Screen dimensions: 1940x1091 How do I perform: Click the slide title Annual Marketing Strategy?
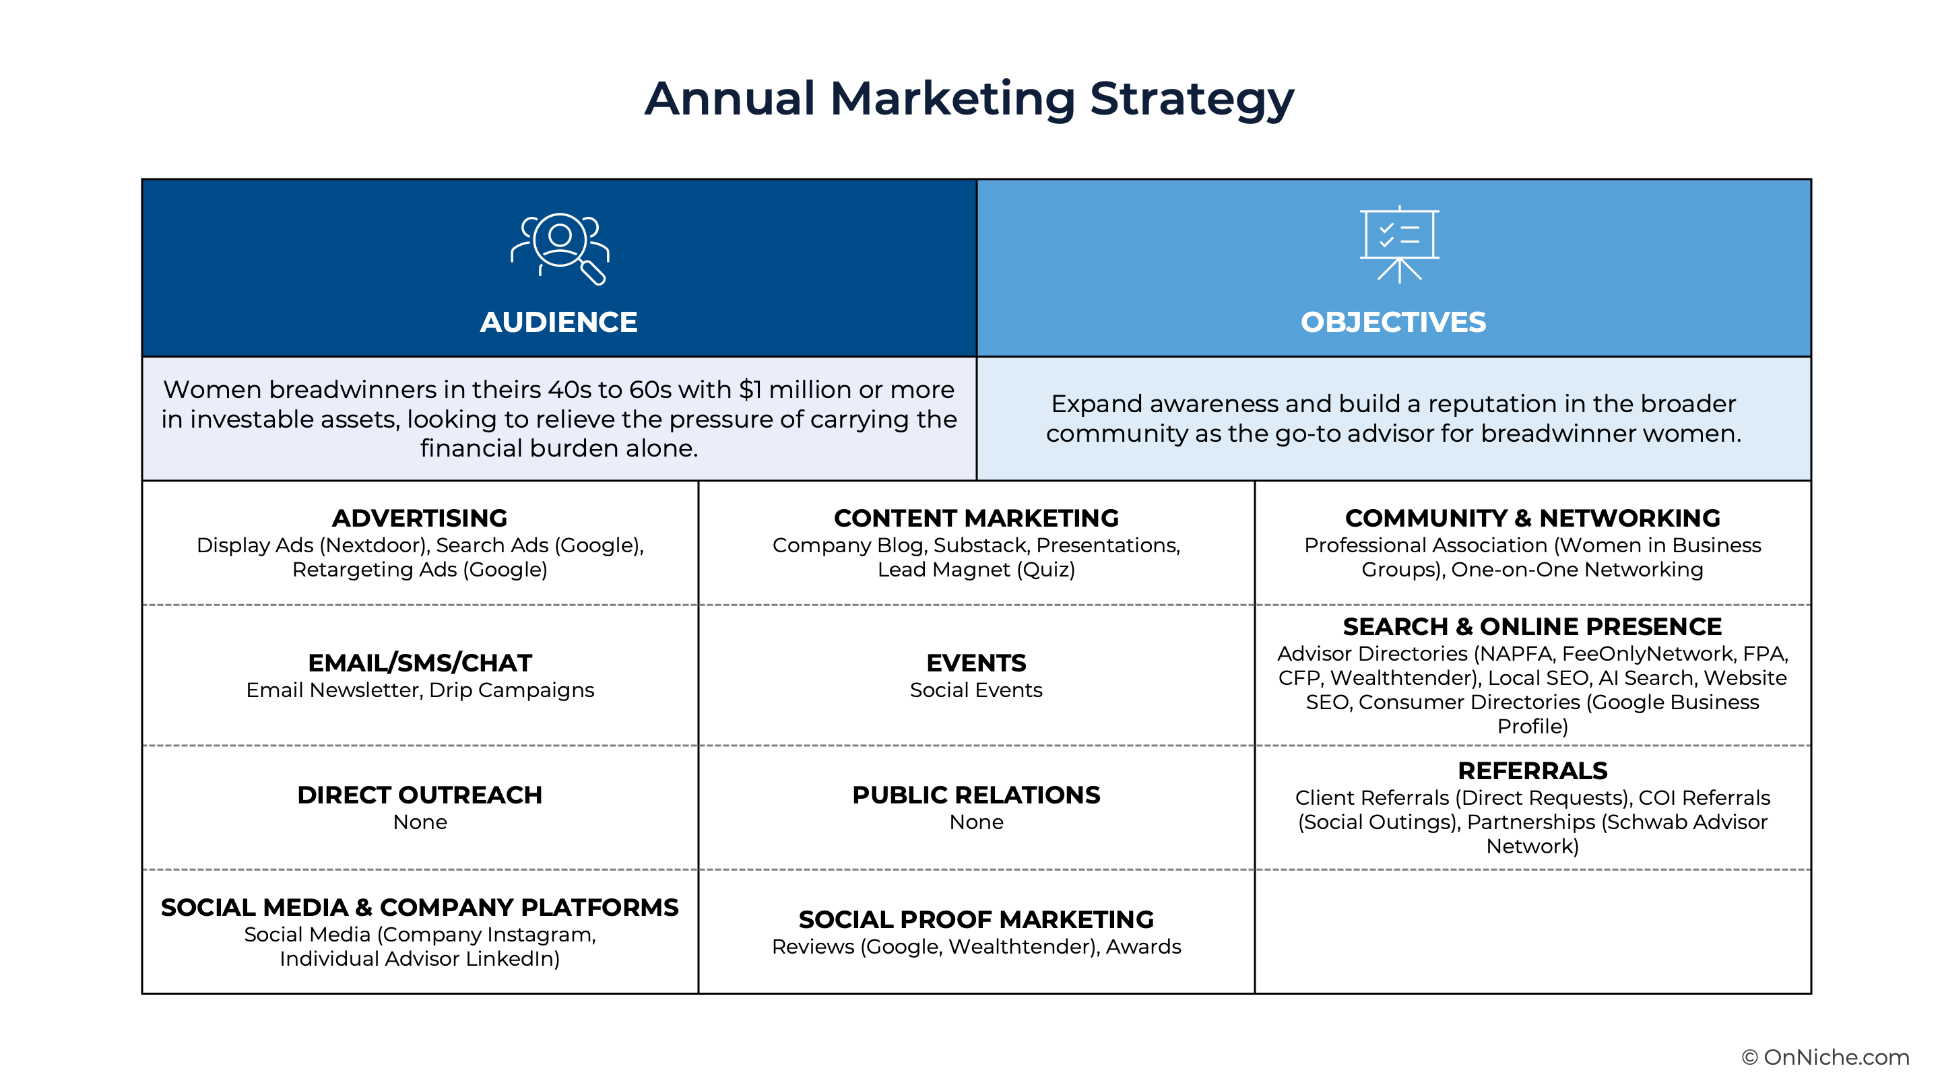pos(969,98)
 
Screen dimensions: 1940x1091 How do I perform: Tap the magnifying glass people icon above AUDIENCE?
pos(560,249)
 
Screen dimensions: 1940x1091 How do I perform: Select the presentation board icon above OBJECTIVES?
pos(1399,244)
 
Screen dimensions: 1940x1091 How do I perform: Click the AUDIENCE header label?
pos(559,323)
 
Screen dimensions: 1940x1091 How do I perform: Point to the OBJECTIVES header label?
pos(1393,323)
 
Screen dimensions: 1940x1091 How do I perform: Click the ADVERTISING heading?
pos(420,518)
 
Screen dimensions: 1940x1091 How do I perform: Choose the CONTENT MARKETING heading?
pos(976,518)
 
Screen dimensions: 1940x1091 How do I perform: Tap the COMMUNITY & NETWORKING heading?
pos(1532,518)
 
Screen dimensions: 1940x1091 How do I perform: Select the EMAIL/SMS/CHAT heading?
pos(420,663)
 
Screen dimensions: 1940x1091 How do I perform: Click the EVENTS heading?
pos(976,663)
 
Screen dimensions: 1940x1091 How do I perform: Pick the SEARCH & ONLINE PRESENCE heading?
pos(1532,626)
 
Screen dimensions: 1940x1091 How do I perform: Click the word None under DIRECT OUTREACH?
pos(420,822)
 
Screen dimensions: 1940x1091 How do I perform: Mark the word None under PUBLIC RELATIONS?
pos(976,822)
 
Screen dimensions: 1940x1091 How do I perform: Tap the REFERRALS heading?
pos(1532,771)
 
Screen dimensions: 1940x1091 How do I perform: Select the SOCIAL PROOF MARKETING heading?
pos(976,919)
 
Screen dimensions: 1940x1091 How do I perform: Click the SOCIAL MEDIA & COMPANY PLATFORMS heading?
pos(420,907)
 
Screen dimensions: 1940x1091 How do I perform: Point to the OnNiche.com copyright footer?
pos(1825,1057)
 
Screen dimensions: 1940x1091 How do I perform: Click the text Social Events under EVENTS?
pos(976,690)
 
